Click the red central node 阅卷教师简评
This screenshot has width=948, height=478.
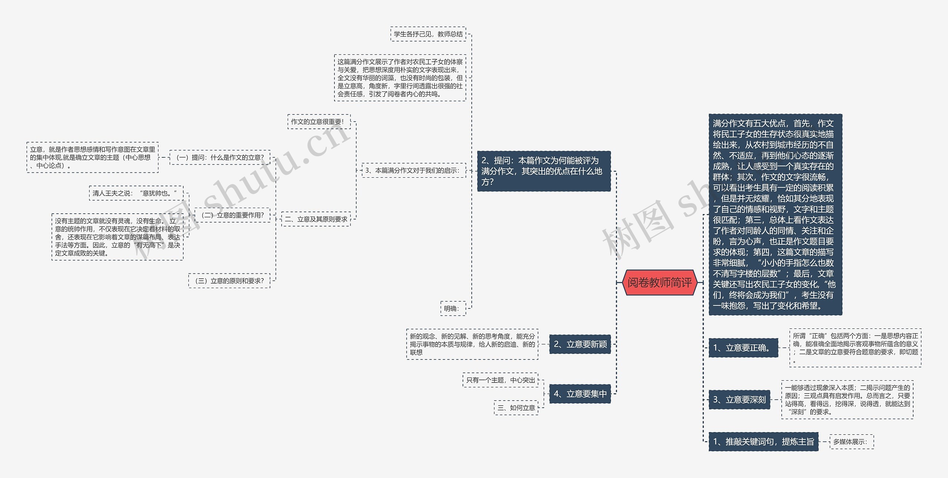660,283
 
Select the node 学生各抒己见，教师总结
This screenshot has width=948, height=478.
428,34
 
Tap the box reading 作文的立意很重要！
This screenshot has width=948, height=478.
318,121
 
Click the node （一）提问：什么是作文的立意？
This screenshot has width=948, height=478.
220,157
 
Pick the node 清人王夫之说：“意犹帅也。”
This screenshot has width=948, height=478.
136,193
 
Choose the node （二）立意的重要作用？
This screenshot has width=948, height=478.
233,215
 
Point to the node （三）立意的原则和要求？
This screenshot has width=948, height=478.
229,281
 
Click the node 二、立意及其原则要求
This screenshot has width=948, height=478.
316,219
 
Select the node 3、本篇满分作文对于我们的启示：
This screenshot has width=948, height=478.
413,170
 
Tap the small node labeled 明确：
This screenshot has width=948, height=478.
453,308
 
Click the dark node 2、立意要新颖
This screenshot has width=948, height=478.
580,344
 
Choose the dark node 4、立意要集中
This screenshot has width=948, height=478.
580,394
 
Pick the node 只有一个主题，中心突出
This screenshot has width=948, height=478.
500,380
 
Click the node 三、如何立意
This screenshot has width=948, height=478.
516,408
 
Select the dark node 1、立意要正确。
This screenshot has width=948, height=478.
743,348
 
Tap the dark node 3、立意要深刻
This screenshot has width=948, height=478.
739,400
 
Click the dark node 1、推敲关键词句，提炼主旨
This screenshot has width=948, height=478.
763,441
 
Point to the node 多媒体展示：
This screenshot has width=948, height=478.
851,442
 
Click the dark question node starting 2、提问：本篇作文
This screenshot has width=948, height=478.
543,171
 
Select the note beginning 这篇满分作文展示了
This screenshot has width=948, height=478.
400,78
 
